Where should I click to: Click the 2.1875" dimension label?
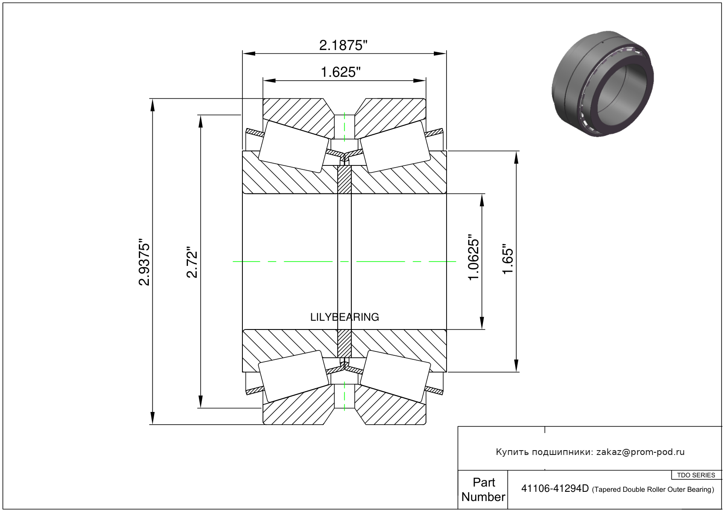[343, 45]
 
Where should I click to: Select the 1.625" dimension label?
[341, 72]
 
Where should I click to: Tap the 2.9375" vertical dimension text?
[144, 262]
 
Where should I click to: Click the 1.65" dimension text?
[508, 259]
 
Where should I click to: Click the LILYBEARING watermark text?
[344, 317]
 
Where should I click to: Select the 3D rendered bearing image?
[602, 83]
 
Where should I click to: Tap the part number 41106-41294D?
[555, 489]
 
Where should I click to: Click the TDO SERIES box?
[696, 475]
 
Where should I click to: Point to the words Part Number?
[483, 490]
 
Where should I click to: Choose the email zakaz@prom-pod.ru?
[640, 452]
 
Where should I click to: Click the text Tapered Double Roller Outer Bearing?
[653, 490]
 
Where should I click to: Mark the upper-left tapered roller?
[293, 147]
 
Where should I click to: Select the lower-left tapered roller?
[293, 376]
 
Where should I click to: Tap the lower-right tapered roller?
[395, 376]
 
